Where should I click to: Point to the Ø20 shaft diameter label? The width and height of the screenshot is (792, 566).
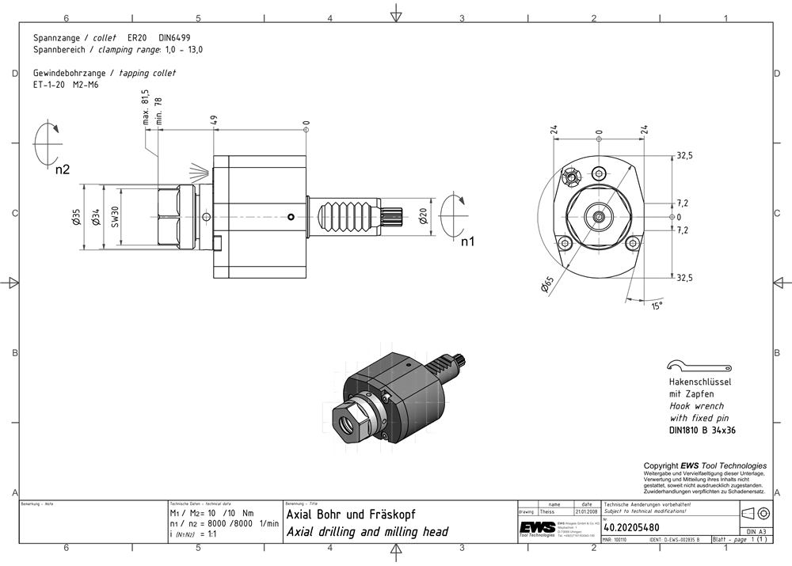point(424,216)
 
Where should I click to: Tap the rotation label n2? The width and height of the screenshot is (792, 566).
point(63,169)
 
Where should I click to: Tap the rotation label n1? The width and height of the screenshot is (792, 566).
point(468,241)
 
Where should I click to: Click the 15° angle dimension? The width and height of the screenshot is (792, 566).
point(657,306)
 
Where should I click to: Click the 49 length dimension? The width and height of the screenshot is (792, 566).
point(213,121)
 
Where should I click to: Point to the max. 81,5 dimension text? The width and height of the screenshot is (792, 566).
point(146,108)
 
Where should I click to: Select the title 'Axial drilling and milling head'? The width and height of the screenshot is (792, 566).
point(367,532)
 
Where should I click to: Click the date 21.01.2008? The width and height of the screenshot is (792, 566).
point(586,511)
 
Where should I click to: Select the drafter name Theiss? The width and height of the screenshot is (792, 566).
point(546,511)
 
